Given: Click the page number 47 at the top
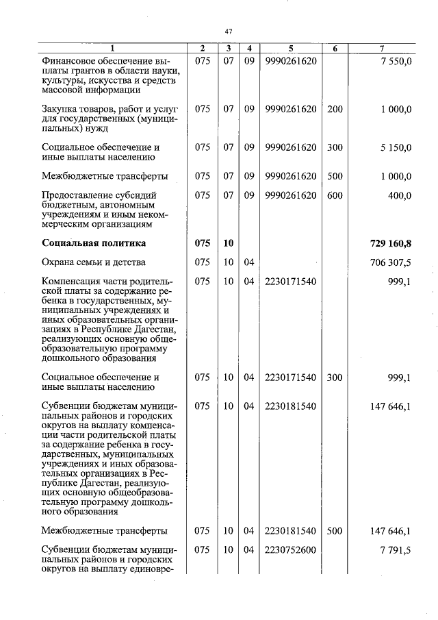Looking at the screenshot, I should tap(229, 31).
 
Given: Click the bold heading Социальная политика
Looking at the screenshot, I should tap(93, 243).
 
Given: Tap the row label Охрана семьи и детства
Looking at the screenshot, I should tap(93, 262).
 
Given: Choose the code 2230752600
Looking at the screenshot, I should tap(290, 549).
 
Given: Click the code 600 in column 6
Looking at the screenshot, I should tap(335, 195).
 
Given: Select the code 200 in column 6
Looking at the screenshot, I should tap(335, 109).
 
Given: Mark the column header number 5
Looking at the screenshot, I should tap(290, 49).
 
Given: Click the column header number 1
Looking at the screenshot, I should tap(112, 49).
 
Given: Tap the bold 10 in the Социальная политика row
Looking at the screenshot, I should tap(228, 243).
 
